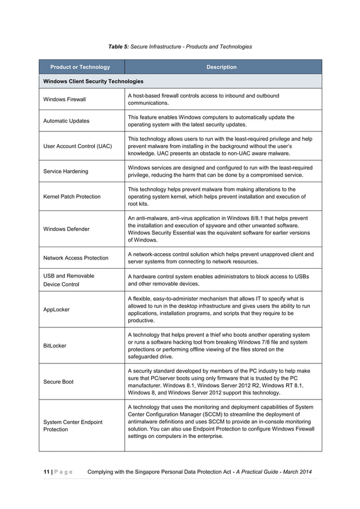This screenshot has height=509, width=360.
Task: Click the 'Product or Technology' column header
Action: click(80, 67)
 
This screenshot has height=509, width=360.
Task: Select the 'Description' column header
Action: click(221, 67)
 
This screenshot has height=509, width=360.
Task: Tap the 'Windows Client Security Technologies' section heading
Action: click(93, 82)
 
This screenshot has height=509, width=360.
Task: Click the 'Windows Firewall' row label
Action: click(65, 100)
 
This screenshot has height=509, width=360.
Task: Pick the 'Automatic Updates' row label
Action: click(67, 121)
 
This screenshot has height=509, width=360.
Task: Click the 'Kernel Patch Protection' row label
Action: click(72, 196)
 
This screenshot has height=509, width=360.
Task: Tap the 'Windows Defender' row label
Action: click(65, 229)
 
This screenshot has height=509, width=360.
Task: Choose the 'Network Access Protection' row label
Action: click(76, 258)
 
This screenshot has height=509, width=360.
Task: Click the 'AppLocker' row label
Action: click(57, 309)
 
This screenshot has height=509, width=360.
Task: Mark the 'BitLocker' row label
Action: click(55, 345)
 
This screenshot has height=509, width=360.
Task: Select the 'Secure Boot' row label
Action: click(59, 381)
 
